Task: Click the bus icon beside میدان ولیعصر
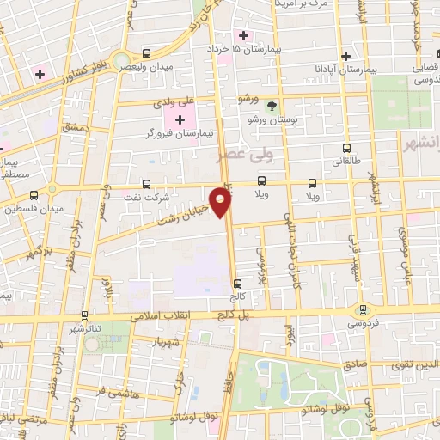click(x=146, y=52)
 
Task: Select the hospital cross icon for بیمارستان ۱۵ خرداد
click(x=245, y=36)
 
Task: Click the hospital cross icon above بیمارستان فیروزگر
click(x=180, y=119)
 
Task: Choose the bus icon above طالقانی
click(x=346, y=148)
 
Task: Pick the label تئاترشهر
click(x=89, y=328)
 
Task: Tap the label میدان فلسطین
click(x=27, y=208)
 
